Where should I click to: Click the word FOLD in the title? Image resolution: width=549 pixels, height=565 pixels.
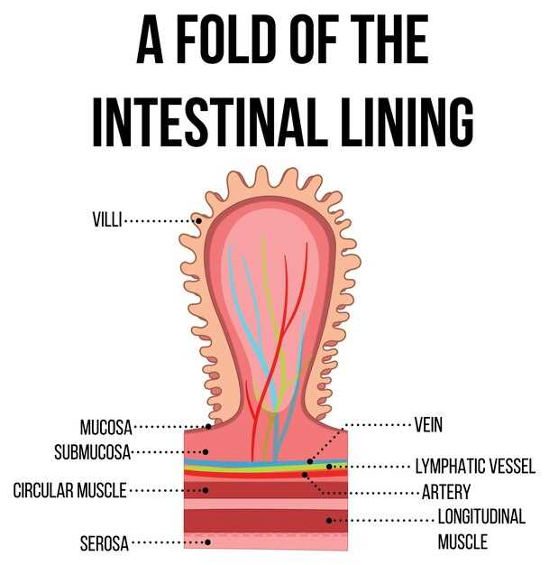224,40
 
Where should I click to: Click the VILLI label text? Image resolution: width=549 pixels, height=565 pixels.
107,219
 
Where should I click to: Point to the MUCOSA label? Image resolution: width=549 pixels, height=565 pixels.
105,427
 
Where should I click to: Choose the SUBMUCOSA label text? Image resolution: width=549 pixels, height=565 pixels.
93,452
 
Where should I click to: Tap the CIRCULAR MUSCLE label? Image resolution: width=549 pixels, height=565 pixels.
69,490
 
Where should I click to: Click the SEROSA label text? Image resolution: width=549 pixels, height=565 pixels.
105,543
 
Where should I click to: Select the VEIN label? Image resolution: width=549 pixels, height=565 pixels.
428,425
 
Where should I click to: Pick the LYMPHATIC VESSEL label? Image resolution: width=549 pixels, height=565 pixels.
476,467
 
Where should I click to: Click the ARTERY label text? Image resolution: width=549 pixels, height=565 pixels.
446,492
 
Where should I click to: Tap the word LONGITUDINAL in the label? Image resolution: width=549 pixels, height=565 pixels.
481,517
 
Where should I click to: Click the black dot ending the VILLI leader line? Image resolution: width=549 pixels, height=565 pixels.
198,220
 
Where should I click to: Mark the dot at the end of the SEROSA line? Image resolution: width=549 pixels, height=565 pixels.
207,542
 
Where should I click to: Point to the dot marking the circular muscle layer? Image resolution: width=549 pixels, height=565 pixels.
206,490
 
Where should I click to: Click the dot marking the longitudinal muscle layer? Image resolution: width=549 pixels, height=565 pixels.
329,520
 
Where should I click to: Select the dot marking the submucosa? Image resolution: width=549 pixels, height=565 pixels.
206,452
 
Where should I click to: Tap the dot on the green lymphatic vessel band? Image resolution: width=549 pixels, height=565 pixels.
329,467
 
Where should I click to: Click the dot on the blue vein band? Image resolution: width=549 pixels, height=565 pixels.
310,461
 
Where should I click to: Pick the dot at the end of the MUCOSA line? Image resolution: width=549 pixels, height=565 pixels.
208,427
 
